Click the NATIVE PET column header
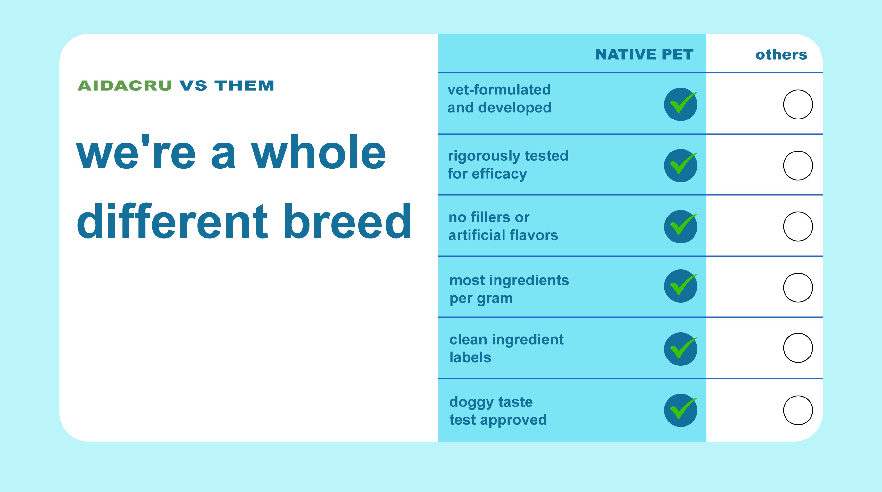click(x=645, y=54)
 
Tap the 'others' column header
click(x=781, y=54)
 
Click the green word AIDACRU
click(x=125, y=86)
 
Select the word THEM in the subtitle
click(x=245, y=86)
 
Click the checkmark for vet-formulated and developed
click(x=681, y=104)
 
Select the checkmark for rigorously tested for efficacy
click(x=681, y=165)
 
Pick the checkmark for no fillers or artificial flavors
click(x=681, y=226)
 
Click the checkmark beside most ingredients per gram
click(x=681, y=286)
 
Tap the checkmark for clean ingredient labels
click(x=681, y=349)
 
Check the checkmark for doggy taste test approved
click(x=681, y=410)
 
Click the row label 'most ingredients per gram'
click(x=509, y=289)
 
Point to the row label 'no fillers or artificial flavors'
click(x=503, y=226)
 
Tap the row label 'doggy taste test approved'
click(x=498, y=411)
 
